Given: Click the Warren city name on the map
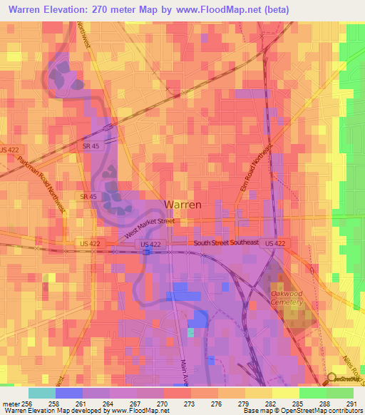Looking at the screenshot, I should (182, 204).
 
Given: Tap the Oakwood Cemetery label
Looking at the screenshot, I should (287, 297).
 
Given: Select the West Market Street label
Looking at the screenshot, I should (150, 228).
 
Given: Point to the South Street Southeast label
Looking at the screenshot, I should (227, 244).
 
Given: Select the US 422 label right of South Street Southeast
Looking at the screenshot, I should (275, 244).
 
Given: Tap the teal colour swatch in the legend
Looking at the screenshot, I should (41, 393).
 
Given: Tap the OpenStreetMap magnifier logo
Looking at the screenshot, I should (331, 378).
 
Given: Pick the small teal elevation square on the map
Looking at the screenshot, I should (190, 332).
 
